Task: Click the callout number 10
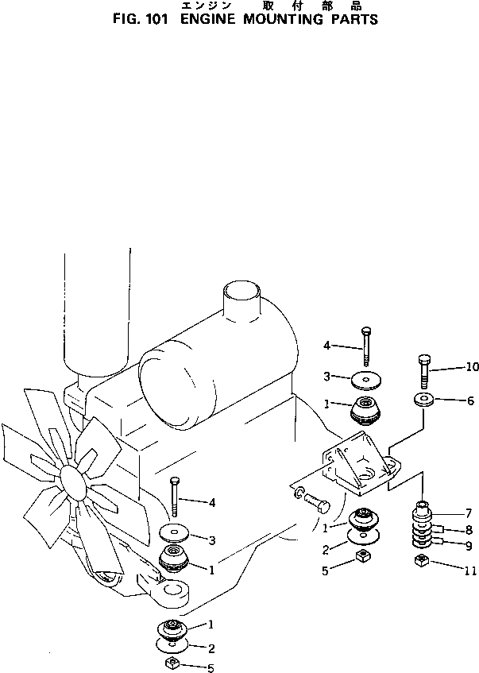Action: tap(473, 367)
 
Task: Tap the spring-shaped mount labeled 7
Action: tap(423, 526)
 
